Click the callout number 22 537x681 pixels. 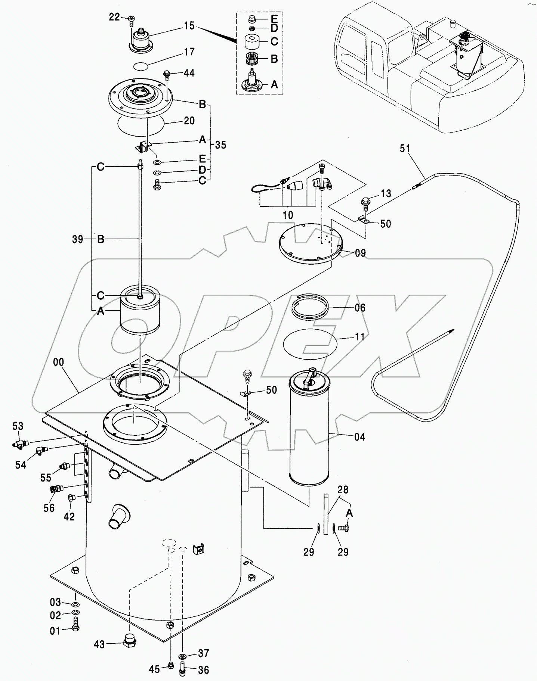[x=114, y=17]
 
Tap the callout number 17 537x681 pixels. [x=189, y=52]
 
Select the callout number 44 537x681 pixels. [x=189, y=73]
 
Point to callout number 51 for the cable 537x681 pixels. [x=405, y=149]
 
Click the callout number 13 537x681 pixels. [x=386, y=193]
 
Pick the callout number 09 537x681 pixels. [x=360, y=253]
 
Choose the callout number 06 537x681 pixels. [x=360, y=308]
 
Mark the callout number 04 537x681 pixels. [x=359, y=436]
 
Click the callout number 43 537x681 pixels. [x=99, y=644]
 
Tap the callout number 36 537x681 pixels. [x=203, y=670]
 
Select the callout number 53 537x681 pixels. [x=18, y=426]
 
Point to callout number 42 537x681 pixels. [x=69, y=516]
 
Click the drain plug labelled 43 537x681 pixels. [x=129, y=641]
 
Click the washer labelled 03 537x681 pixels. [x=75, y=604]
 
